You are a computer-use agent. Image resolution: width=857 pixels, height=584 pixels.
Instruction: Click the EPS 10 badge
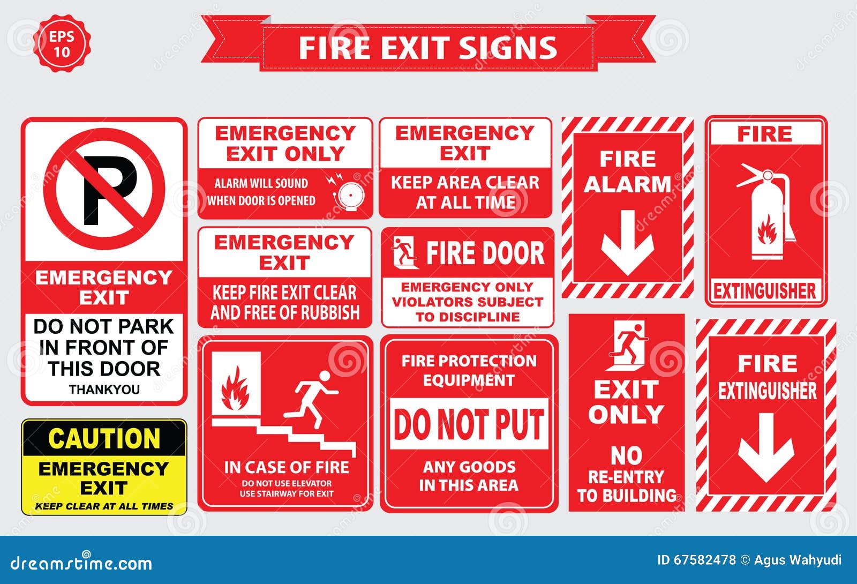(62, 43)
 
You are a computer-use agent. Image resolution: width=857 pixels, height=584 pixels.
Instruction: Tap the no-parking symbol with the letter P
(104, 189)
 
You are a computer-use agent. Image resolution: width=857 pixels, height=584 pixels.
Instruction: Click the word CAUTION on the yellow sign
(104, 438)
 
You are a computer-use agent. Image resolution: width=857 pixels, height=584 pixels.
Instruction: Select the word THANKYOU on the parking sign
(104, 390)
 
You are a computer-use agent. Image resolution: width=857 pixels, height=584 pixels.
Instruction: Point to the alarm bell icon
(347, 194)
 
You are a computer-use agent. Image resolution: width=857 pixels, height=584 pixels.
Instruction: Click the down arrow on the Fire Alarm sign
(627, 243)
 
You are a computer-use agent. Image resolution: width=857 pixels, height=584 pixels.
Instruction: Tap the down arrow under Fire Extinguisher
(766, 447)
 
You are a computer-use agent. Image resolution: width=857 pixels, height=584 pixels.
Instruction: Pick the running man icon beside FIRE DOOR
(405, 252)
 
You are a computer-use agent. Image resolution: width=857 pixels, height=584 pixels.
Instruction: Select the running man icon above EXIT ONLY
(627, 346)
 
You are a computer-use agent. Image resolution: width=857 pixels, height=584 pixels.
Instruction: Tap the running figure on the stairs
(312, 399)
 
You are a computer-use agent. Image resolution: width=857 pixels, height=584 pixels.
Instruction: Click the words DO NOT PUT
(469, 424)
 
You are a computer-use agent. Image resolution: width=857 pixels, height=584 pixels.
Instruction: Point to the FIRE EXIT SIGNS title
(428, 48)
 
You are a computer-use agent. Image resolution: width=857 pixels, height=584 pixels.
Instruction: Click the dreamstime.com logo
(81, 562)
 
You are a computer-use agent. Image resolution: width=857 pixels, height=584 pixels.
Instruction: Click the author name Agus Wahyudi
(798, 560)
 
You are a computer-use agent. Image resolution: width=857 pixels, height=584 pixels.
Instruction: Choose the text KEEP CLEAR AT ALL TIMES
(104, 506)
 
